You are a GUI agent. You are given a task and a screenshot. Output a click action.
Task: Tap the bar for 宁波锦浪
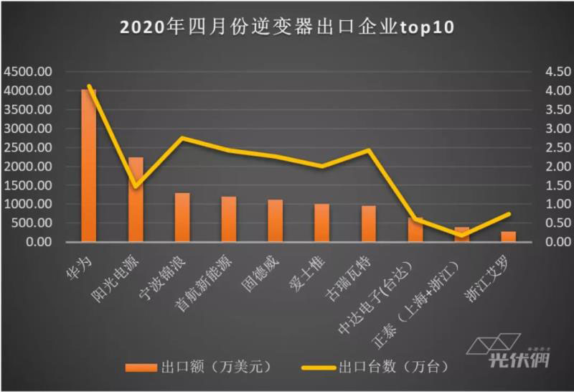tap(182, 218)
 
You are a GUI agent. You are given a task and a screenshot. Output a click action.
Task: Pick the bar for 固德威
tap(276, 220)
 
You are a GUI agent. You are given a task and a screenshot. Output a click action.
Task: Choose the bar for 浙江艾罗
tap(508, 237)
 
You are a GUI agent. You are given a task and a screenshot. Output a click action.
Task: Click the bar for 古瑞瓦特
tap(368, 224)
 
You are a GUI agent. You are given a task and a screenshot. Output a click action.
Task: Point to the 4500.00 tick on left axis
tap(27, 72)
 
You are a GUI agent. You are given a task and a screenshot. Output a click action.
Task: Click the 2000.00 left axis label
tap(27, 167)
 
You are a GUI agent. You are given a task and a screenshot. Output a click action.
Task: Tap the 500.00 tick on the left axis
tap(30, 223)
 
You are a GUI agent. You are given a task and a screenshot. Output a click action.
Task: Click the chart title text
tap(287, 27)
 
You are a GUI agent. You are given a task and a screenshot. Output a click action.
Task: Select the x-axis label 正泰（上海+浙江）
tap(423, 294)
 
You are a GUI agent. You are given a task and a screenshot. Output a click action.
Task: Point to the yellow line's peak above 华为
tap(89, 86)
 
